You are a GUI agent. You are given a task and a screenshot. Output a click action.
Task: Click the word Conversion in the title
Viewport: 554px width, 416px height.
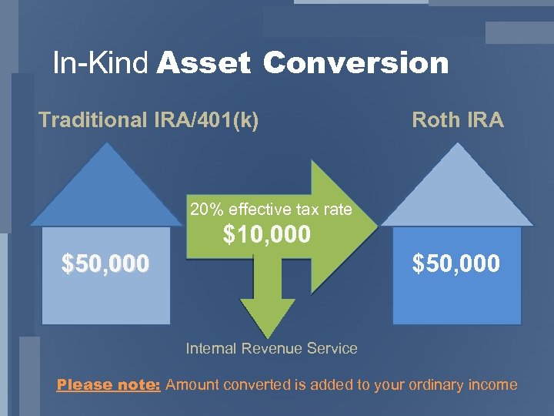pyautogui.click(x=355, y=63)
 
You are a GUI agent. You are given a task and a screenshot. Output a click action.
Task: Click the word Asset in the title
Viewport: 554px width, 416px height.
pyautogui.click(x=204, y=63)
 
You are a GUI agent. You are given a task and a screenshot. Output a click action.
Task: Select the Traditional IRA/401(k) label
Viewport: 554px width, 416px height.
pyautogui.click(x=149, y=120)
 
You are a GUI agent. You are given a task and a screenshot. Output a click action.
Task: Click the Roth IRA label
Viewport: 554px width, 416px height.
pyautogui.click(x=458, y=120)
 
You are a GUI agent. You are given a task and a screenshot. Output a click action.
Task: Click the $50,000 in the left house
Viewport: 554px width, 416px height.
pyautogui.click(x=105, y=264)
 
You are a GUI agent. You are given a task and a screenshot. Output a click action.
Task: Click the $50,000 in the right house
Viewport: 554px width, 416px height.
pyautogui.click(x=456, y=264)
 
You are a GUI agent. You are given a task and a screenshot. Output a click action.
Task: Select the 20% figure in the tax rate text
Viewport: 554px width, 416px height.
pyautogui.click(x=204, y=209)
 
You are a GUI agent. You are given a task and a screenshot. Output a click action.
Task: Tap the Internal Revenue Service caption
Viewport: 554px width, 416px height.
pyautogui.click(x=272, y=348)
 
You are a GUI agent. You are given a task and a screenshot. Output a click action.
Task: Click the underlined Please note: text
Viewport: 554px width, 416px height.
pyautogui.click(x=108, y=384)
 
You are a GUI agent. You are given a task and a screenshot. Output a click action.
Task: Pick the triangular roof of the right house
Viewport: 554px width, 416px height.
pyautogui.click(x=458, y=193)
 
